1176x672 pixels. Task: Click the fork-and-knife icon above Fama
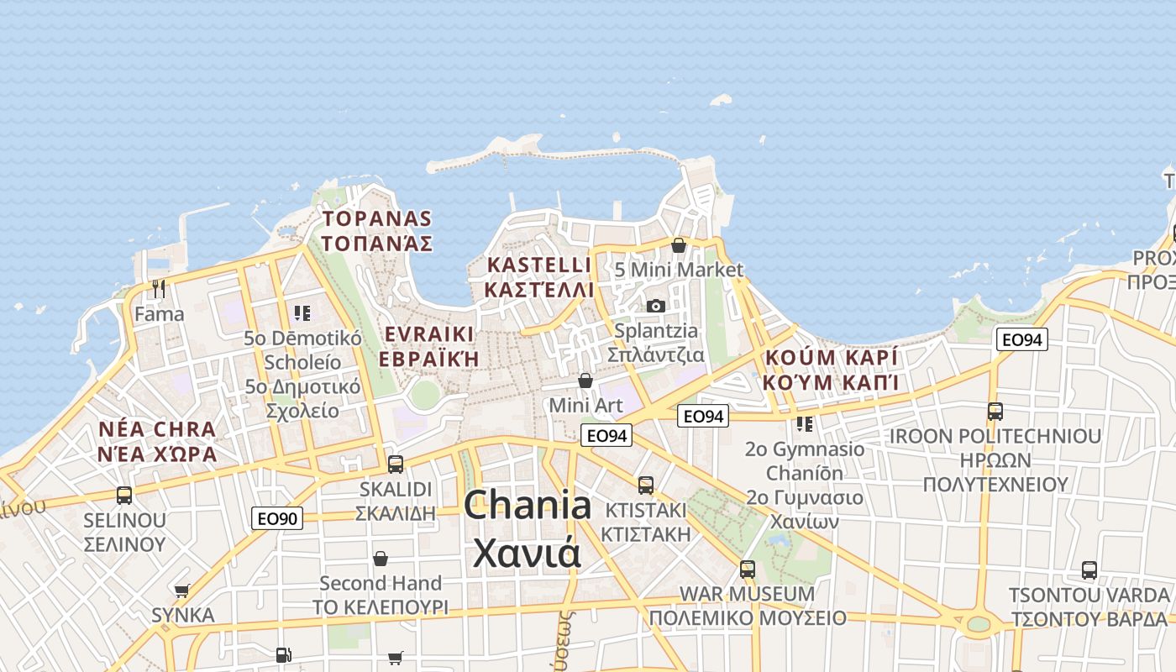pyautogui.click(x=159, y=289)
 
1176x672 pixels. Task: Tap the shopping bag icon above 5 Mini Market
pyautogui.click(x=679, y=245)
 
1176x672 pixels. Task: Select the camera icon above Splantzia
pyautogui.click(x=656, y=306)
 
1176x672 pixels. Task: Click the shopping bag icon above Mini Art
pyautogui.click(x=585, y=381)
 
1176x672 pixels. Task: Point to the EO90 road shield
pyautogui.click(x=276, y=519)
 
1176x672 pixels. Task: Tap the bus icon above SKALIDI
pyautogui.click(x=396, y=464)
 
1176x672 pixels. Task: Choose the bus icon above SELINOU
pyautogui.click(x=124, y=496)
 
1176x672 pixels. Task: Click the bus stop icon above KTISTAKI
pyautogui.click(x=645, y=485)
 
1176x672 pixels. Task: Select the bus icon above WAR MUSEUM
pyautogui.click(x=748, y=570)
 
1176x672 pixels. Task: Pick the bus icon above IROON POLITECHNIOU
pyautogui.click(x=995, y=412)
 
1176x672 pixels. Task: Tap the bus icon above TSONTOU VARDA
pyautogui.click(x=1089, y=570)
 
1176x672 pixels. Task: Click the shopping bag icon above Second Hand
pyautogui.click(x=381, y=559)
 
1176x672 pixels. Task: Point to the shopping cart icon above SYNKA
pyautogui.click(x=182, y=591)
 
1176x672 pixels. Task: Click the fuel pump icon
pyautogui.click(x=284, y=654)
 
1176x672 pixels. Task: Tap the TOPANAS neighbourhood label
pyautogui.click(x=377, y=220)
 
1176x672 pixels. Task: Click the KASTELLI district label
pyautogui.click(x=539, y=265)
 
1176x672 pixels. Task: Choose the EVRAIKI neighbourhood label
pyautogui.click(x=428, y=334)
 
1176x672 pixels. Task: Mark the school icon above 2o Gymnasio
pyautogui.click(x=805, y=424)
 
